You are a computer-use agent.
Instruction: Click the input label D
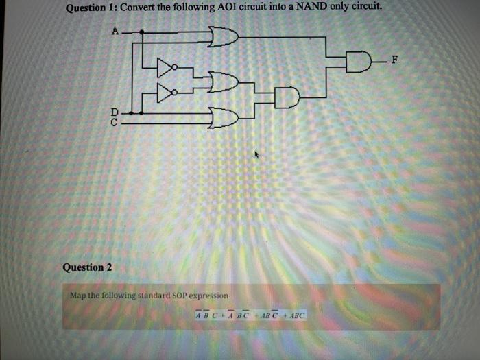(115, 112)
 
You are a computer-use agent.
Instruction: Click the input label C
(115, 121)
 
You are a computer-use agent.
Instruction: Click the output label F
(394, 61)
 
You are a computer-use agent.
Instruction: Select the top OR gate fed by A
(224, 36)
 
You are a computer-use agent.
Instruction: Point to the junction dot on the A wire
(141, 32)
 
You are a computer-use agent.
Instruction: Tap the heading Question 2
(86, 267)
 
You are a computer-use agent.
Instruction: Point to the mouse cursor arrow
(257, 156)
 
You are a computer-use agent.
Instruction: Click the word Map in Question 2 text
(77, 295)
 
